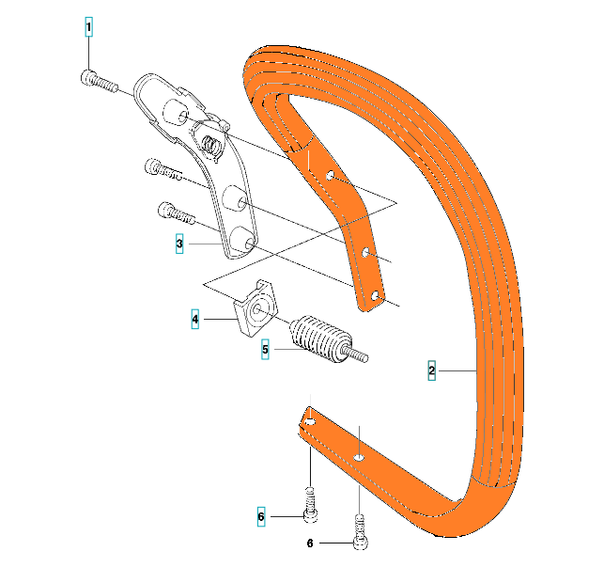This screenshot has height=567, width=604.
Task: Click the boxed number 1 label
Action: pyautogui.click(x=89, y=27)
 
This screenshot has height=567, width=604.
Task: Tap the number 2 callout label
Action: pyautogui.click(x=431, y=370)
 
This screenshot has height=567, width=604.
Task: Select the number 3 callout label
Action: pyautogui.click(x=179, y=244)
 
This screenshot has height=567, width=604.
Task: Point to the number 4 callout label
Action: pyautogui.click(x=195, y=321)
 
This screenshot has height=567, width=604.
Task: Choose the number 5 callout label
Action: pyautogui.click(x=266, y=349)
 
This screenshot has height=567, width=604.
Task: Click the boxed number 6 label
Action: pyautogui.click(x=262, y=516)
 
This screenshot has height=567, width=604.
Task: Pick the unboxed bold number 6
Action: pyautogui.click(x=311, y=543)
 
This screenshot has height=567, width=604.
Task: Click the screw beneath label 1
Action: pyautogui.click(x=98, y=83)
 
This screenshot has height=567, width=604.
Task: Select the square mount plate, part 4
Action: pyautogui.click(x=256, y=307)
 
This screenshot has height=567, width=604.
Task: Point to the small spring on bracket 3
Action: pyautogui.click(x=211, y=143)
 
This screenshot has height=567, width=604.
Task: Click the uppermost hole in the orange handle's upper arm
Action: pyautogui.click(x=330, y=176)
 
